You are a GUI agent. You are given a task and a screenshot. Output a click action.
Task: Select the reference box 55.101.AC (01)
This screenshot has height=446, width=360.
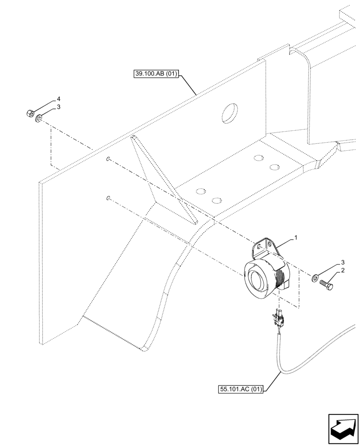(241, 389)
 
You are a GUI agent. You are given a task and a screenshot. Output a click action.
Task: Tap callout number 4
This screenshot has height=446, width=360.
(58, 99)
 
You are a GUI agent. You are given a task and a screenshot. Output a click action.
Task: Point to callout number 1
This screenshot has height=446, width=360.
(295, 239)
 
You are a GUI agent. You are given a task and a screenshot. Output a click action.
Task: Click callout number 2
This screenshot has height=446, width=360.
(343, 270)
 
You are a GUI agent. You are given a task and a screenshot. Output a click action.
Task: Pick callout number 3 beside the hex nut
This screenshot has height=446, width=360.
(58, 107)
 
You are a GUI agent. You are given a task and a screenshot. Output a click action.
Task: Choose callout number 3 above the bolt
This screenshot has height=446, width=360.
(343, 262)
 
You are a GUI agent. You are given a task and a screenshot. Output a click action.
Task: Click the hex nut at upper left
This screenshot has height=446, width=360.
(29, 114)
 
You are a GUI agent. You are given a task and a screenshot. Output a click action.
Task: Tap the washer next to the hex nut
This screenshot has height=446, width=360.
(39, 118)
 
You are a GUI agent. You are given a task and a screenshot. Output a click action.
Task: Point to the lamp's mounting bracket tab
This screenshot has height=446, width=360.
(263, 247)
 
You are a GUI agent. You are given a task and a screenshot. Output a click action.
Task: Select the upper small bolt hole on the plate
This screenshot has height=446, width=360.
(108, 158)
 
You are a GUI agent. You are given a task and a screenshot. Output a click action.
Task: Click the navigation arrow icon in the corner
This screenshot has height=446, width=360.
(343, 429)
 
